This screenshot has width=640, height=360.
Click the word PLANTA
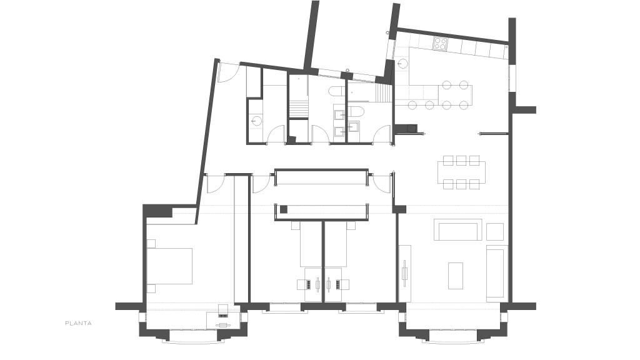pos(78,323)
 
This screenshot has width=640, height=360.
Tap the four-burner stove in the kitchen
pos(440,43)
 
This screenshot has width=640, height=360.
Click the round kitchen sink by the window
pos(402,64)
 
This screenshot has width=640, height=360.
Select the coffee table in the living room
pos(456,276)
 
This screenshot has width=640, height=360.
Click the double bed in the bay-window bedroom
pos(169,266)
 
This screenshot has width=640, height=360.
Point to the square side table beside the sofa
pos(495,231)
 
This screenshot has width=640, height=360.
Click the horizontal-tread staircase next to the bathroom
pos(298,109)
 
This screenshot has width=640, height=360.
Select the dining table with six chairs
pos(461,172)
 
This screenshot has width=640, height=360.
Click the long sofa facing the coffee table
pos(457,230)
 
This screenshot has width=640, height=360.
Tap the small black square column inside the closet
pos(283,209)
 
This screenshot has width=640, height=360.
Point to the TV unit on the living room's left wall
pos(404,274)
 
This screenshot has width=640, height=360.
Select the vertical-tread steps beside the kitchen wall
pos(383,94)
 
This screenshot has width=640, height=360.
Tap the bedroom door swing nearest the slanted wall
pos(216,183)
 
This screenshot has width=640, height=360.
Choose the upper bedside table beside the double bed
pos(151,244)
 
